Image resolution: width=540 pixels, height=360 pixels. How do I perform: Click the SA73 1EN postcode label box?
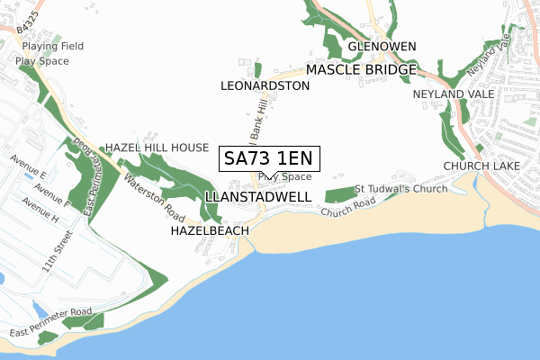click(x=267, y=158)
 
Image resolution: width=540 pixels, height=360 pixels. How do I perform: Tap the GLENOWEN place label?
click(x=382, y=46)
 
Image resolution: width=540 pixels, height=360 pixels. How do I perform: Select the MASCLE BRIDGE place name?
click(x=361, y=69)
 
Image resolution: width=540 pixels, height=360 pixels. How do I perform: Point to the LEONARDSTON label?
click(x=265, y=85)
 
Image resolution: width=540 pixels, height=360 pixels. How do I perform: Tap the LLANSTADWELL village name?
click(x=258, y=196)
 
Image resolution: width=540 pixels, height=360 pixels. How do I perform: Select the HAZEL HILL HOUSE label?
click(x=157, y=147)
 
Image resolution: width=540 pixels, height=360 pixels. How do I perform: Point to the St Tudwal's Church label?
click(x=400, y=189)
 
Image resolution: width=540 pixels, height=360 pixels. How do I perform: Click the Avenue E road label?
click(x=28, y=166)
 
